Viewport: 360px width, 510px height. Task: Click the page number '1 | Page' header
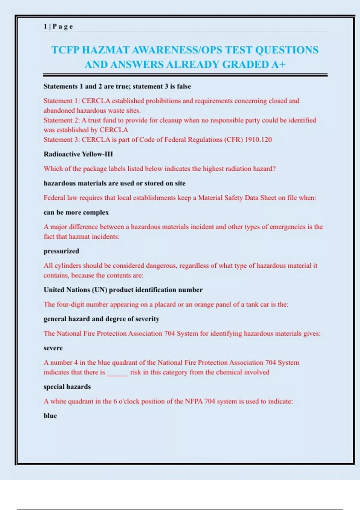coord(58,26)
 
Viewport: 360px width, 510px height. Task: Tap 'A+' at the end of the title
coord(278,64)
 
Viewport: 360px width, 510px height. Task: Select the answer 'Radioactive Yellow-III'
coord(78,154)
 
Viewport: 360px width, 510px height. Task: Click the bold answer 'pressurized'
coord(61,251)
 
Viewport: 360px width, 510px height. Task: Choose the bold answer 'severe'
coord(53,348)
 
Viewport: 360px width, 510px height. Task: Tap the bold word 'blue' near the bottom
coord(50,416)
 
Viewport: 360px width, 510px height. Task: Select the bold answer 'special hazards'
coord(67,387)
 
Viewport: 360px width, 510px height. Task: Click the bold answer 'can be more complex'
coord(76,212)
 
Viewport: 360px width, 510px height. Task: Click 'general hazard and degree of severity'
coord(101,319)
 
